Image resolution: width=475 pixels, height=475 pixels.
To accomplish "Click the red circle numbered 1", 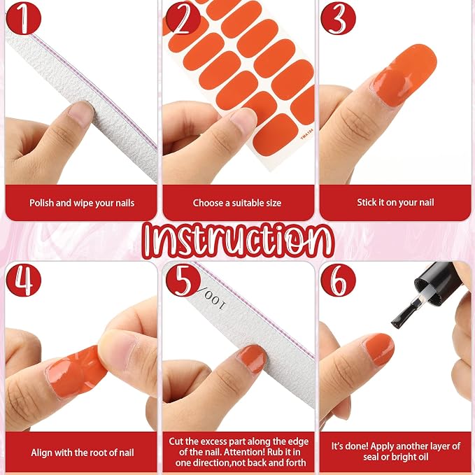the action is tap(24, 18).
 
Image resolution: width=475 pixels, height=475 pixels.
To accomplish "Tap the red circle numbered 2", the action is tap(183, 18).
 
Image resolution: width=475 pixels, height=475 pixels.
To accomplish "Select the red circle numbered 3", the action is tap(338, 18).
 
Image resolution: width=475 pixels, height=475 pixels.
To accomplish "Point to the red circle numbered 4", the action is tap(24, 280).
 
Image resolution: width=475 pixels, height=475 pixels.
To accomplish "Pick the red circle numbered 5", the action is tap(183, 280).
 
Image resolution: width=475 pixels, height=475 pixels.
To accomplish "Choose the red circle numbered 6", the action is tap(338, 280).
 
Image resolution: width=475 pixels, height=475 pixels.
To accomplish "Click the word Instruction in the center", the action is tap(238, 241).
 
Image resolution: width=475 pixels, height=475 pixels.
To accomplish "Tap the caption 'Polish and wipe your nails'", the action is tap(82, 203).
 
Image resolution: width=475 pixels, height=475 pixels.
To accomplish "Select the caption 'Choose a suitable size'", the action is tap(237, 203).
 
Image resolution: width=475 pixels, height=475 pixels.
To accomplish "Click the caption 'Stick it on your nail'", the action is tap(395, 202).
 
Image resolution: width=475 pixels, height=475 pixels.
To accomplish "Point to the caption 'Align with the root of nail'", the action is tap(83, 453).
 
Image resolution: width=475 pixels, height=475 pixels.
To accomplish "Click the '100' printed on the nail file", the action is tap(215, 302).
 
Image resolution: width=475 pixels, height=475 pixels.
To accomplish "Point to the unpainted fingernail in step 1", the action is tap(80, 113).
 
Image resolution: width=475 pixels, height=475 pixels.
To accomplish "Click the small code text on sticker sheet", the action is tap(306, 134).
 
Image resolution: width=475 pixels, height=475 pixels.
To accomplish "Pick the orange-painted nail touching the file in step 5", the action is tap(252, 359).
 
